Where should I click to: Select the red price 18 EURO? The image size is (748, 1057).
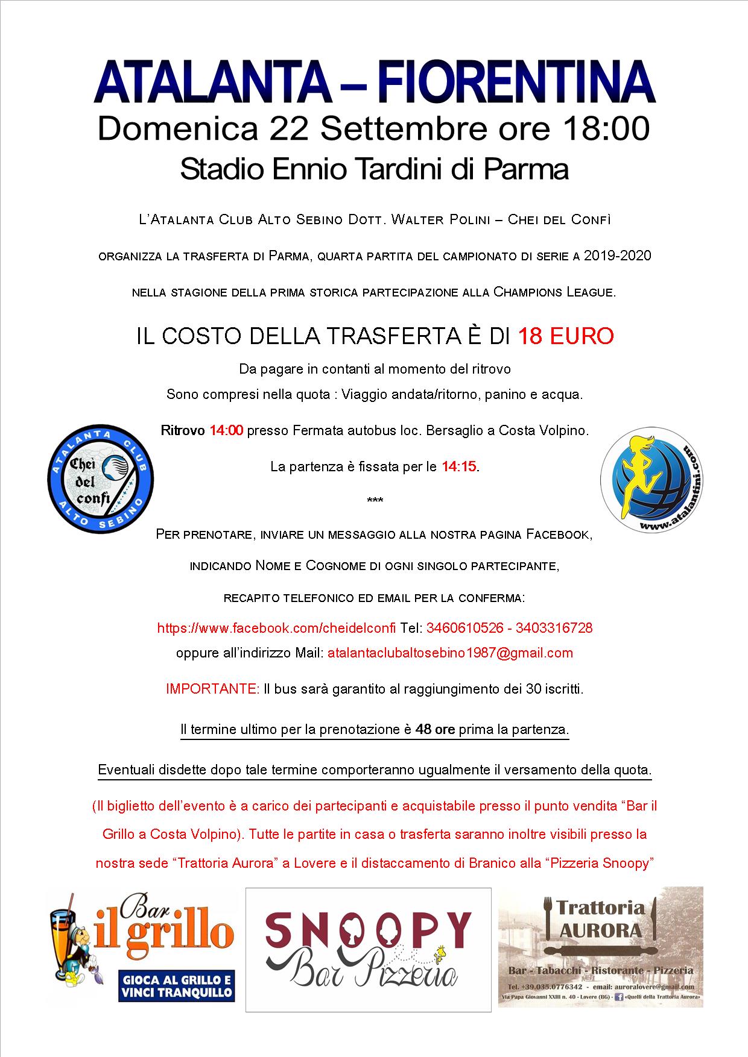566,336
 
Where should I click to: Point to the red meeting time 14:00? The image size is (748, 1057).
226,430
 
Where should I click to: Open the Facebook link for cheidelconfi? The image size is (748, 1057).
276,628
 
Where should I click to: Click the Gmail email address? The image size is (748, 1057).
450,653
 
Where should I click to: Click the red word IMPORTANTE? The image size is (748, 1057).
213,689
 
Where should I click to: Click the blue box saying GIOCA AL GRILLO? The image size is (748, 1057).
176,985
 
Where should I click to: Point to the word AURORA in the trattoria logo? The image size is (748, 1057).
600,930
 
